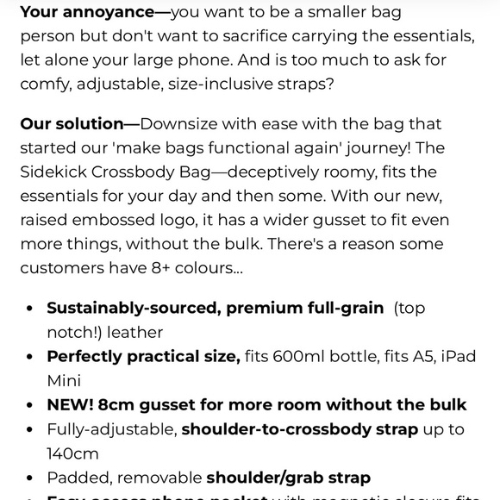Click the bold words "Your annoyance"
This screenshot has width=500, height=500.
click(x=83, y=13)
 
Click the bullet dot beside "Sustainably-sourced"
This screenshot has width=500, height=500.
click(x=30, y=309)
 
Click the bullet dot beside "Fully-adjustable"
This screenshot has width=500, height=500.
click(x=30, y=429)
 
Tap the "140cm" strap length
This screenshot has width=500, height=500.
click(x=73, y=453)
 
